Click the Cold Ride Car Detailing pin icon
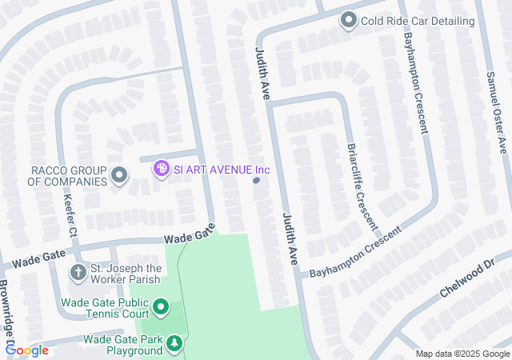tap(348, 20)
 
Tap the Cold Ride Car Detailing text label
tap(417, 20)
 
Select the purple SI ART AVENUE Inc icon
tap(161, 169)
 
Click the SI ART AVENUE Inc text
tap(222, 169)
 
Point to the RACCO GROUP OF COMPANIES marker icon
tap(119, 175)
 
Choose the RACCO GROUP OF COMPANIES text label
tap(68, 176)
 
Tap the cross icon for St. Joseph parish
tap(78, 273)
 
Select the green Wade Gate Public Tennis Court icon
tap(161, 307)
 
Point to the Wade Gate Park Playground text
tap(122, 345)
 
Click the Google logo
tap(26, 350)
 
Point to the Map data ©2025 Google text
tap(462, 354)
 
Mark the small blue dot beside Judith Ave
tap(256, 181)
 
